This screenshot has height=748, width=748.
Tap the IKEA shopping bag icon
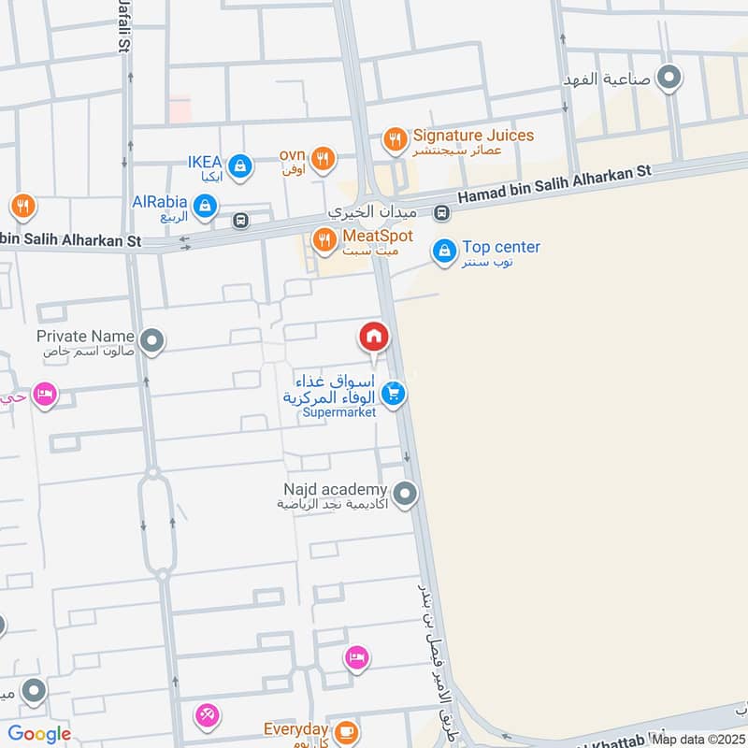tap(241, 165)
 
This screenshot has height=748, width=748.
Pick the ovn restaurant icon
tap(324, 158)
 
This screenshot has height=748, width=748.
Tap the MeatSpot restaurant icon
tap(324, 239)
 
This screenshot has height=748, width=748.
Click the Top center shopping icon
tap(444, 250)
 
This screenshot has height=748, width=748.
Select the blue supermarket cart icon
tap(394, 394)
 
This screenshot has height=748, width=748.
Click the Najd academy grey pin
tap(405, 493)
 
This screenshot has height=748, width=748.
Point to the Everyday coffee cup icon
tap(347, 731)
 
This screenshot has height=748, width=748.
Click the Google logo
tap(39, 734)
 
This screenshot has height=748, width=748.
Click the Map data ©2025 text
tap(698, 739)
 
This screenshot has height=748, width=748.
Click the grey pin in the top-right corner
tap(669, 78)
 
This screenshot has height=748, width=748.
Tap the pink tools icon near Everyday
tap(207, 716)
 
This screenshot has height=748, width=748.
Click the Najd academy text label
tap(336, 490)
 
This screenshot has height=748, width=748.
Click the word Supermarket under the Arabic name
tap(339, 412)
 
